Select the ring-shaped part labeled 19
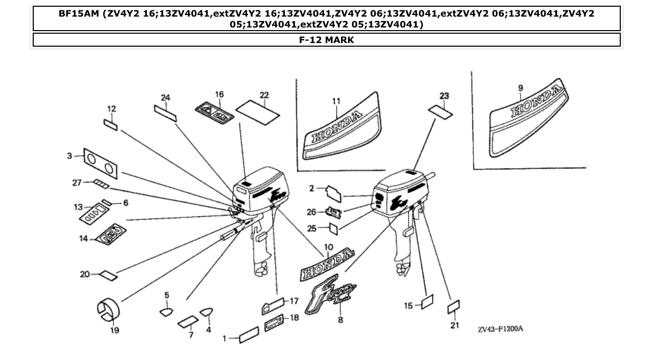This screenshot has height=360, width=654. tap(109, 309)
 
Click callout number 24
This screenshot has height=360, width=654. tap(166, 98)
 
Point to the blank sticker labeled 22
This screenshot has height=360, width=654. tap(258, 112)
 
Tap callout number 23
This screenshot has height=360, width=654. tap(444, 96)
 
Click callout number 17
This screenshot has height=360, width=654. tap(294, 300)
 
